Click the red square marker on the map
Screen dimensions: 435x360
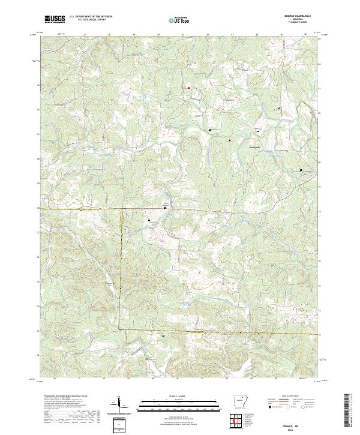(x=189, y=88)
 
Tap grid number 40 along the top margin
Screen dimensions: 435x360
(x=157, y=35)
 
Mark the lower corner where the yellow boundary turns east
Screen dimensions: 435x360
(x=119, y=329)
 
